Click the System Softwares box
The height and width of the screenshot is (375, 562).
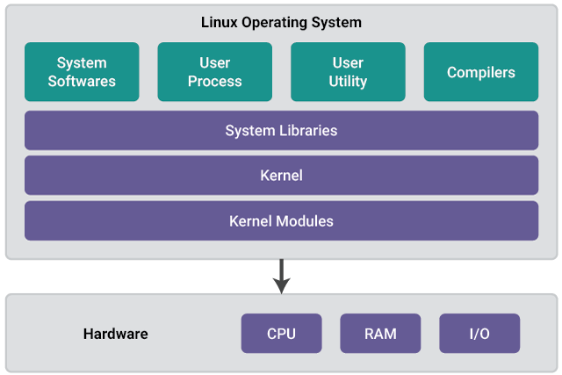(82, 72)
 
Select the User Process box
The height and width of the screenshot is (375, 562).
(214, 72)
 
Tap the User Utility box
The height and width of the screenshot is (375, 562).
(348, 72)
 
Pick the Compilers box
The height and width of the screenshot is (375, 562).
(481, 72)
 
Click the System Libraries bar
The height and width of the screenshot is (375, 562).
(281, 130)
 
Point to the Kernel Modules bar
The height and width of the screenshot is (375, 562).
(281, 220)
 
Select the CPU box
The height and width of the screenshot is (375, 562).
(281, 334)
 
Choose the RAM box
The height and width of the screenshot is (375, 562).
(380, 334)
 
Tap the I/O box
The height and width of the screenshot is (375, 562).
(479, 334)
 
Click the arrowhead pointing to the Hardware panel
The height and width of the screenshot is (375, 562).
(281, 285)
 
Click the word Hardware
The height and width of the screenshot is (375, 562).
(115, 334)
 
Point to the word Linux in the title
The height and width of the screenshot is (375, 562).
(220, 22)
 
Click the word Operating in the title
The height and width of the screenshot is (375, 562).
(274, 23)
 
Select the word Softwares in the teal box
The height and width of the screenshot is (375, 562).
(82, 81)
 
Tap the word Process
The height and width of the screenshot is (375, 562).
(214, 82)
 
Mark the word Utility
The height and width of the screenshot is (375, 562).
(348, 82)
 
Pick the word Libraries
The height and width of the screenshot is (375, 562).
(308, 131)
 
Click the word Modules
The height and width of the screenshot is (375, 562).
(303, 221)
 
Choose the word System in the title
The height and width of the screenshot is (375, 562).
(336, 23)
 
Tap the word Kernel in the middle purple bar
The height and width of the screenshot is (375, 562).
(281, 176)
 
